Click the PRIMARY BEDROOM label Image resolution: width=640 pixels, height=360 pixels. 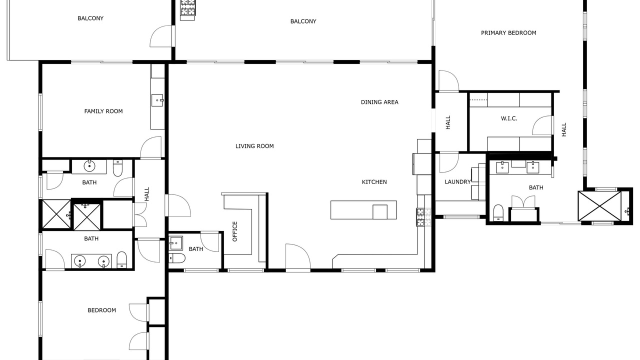click(x=508, y=33)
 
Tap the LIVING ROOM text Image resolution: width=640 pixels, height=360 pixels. click(x=254, y=146)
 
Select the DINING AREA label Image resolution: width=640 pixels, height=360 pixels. click(x=379, y=102)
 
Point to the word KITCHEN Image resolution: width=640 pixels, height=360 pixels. click(x=374, y=182)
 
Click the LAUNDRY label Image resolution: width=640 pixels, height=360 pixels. click(x=457, y=181)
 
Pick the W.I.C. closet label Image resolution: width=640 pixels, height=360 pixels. click(x=509, y=118)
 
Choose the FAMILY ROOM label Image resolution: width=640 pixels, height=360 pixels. click(x=103, y=111)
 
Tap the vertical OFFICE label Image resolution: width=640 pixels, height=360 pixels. click(x=235, y=231)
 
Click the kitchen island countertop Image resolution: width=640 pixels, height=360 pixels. click(x=363, y=210)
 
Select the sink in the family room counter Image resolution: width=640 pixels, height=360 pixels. click(x=157, y=100)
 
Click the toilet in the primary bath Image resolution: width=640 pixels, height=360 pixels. click(x=498, y=212)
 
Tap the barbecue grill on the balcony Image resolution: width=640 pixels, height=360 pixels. click(x=187, y=10)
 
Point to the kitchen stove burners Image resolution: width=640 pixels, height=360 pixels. click(x=423, y=217)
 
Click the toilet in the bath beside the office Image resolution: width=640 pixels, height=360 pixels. click(x=177, y=258)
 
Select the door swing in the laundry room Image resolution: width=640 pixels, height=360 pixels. click(x=449, y=163)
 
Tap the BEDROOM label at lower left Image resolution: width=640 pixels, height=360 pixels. click(x=101, y=310)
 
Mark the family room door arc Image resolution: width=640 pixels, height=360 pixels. click(x=151, y=147)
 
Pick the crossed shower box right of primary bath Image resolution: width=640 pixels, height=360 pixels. click(x=599, y=206)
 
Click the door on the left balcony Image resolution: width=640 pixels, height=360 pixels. click(x=161, y=36)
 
